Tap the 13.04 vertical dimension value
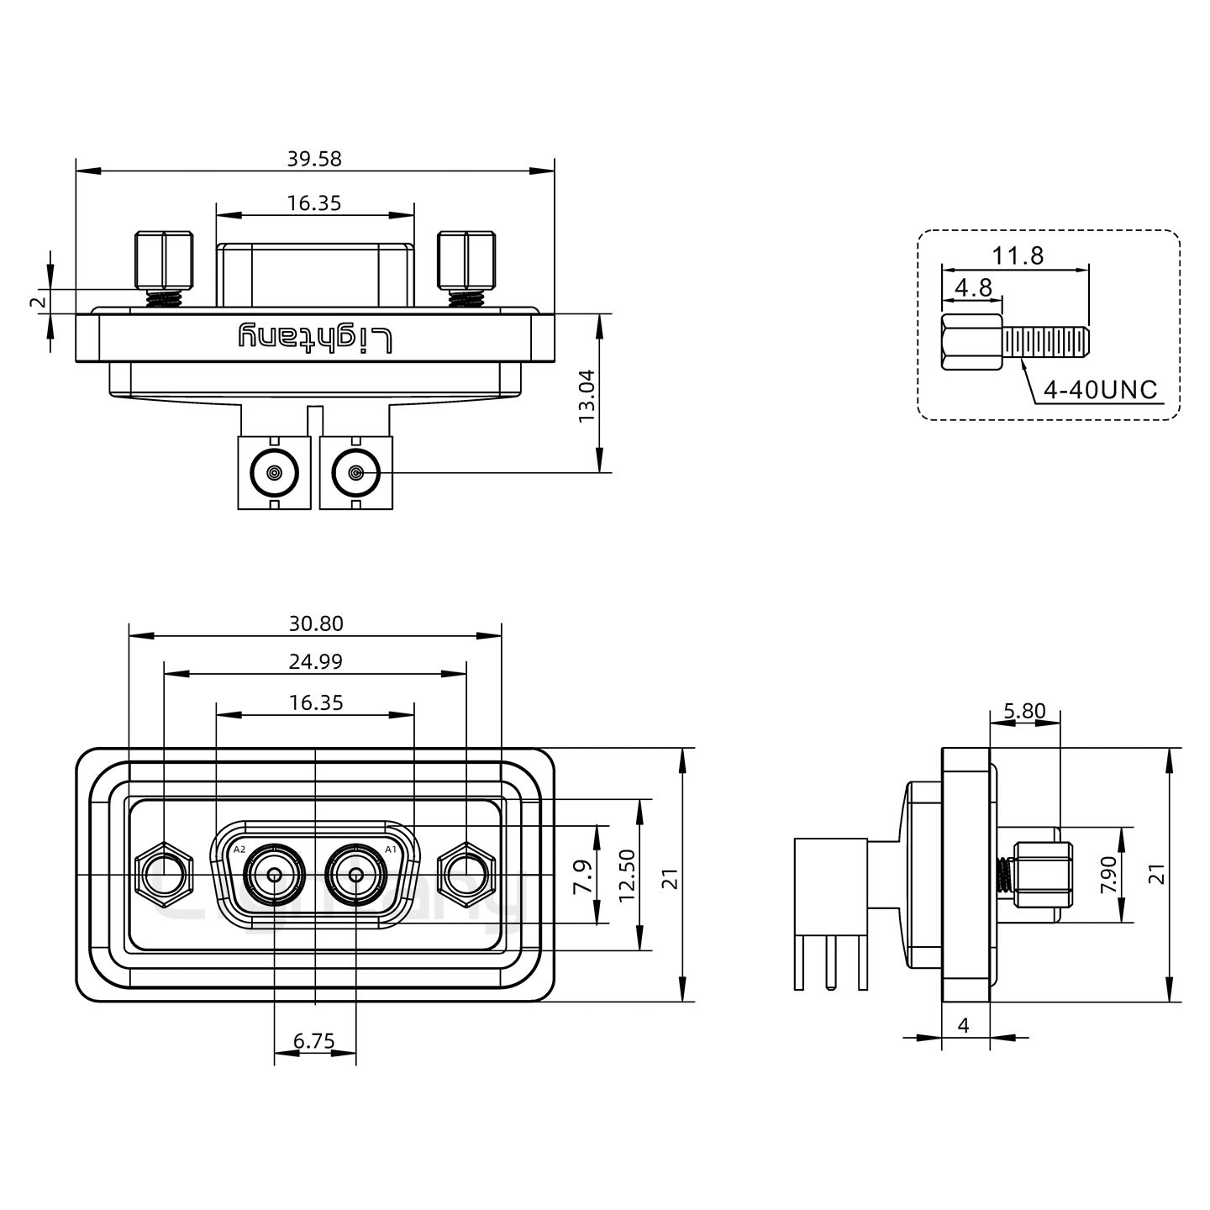[x=587, y=395]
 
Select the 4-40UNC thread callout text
[x=1100, y=390]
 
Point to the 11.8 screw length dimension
[x=1018, y=255]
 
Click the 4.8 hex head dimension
[x=973, y=288]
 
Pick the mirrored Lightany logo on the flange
[x=316, y=338]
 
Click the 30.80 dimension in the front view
[x=316, y=623]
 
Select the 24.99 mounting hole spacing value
[x=316, y=662]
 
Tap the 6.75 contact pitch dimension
[x=314, y=1042]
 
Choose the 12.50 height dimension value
[x=627, y=875]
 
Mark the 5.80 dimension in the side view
[x=1024, y=712]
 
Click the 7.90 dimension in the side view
[x=1109, y=875]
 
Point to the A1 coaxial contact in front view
[x=356, y=876]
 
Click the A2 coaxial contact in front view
[x=274, y=876]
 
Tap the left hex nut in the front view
[x=164, y=876]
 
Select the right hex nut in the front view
[x=466, y=876]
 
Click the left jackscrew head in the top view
[x=164, y=260]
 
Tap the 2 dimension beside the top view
[x=35, y=302]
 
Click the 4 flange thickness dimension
[x=964, y=1025]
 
